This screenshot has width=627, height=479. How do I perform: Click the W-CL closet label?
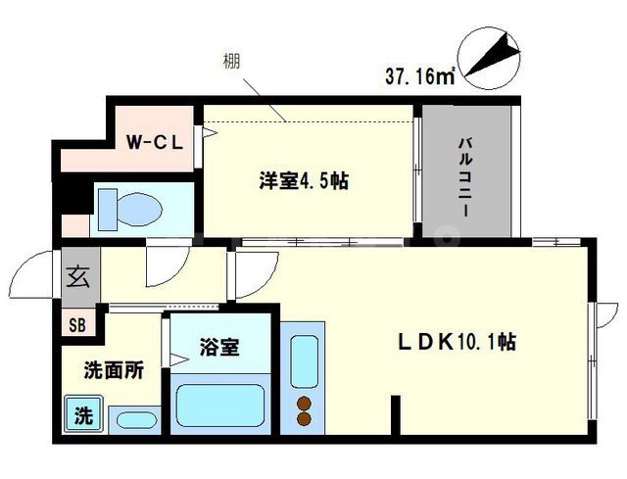click(155, 142)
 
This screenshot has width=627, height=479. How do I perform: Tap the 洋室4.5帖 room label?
click(304, 180)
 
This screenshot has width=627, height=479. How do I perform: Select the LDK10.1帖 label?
click(457, 342)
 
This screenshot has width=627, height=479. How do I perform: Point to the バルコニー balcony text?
click(466, 176)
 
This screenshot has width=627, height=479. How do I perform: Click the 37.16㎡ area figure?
click(420, 76)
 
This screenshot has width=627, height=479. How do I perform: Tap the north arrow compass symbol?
click(489, 58)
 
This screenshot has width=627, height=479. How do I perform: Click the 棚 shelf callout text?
click(232, 62)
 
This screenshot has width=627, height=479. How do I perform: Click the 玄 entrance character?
click(77, 276)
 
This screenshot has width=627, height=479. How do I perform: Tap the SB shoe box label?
click(77, 325)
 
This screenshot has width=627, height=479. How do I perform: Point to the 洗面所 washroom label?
click(114, 371)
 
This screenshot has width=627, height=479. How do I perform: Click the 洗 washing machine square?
click(84, 414)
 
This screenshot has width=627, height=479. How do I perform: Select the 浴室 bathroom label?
click(219, 348)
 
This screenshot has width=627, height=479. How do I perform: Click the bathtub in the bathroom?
click(220, 406)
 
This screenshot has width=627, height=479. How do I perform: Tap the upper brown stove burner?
click(305, 404)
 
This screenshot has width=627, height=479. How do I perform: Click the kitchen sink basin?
click(305, 361)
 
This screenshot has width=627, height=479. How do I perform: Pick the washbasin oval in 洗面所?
click(136, 420)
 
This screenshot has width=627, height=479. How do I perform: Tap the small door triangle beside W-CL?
click(210, 133)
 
